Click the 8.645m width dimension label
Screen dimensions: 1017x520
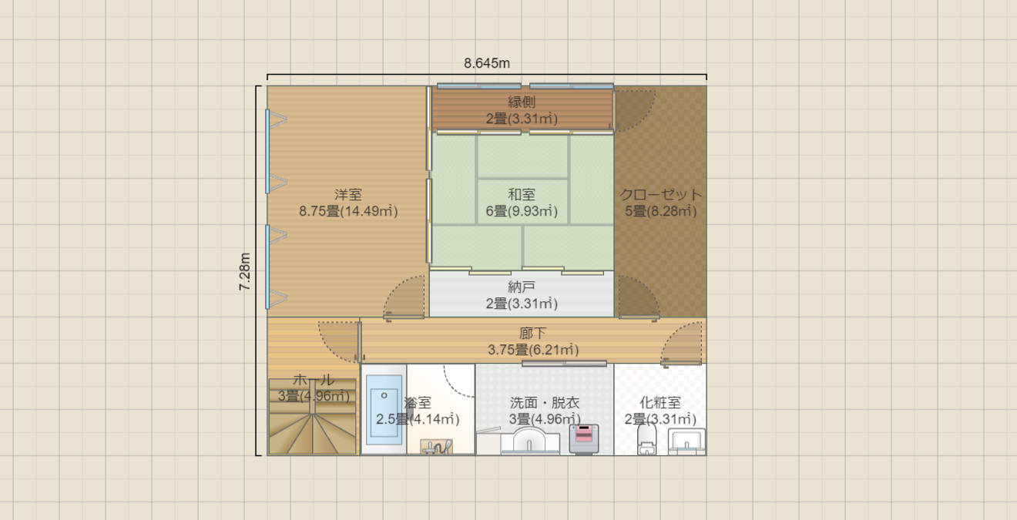click(487, 63)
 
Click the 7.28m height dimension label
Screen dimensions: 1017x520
click(245, 272)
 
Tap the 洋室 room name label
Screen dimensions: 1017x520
click(348, 195)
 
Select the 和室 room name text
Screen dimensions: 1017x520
click(522, 195)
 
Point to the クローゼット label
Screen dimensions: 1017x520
click(660, 195)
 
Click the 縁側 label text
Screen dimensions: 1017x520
click(522, 102)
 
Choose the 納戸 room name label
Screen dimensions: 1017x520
click(522, 287)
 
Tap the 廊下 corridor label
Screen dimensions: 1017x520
click(533, 334)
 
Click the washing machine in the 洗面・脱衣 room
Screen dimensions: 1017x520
click(584, 439)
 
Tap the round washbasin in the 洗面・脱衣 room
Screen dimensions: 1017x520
click(530, 441)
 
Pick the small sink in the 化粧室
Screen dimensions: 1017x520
click(686, 441)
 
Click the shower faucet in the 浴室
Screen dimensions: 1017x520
click(436, 446)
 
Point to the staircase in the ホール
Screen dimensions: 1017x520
click(312, 417)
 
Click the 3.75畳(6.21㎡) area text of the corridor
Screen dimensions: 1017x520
click(533, 350)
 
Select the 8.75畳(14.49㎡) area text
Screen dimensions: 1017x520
click(348, 211)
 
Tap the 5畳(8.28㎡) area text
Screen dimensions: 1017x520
click(660, 211)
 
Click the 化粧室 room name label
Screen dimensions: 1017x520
click(660, 402)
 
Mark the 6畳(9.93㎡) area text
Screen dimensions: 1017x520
click(522, 211)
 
